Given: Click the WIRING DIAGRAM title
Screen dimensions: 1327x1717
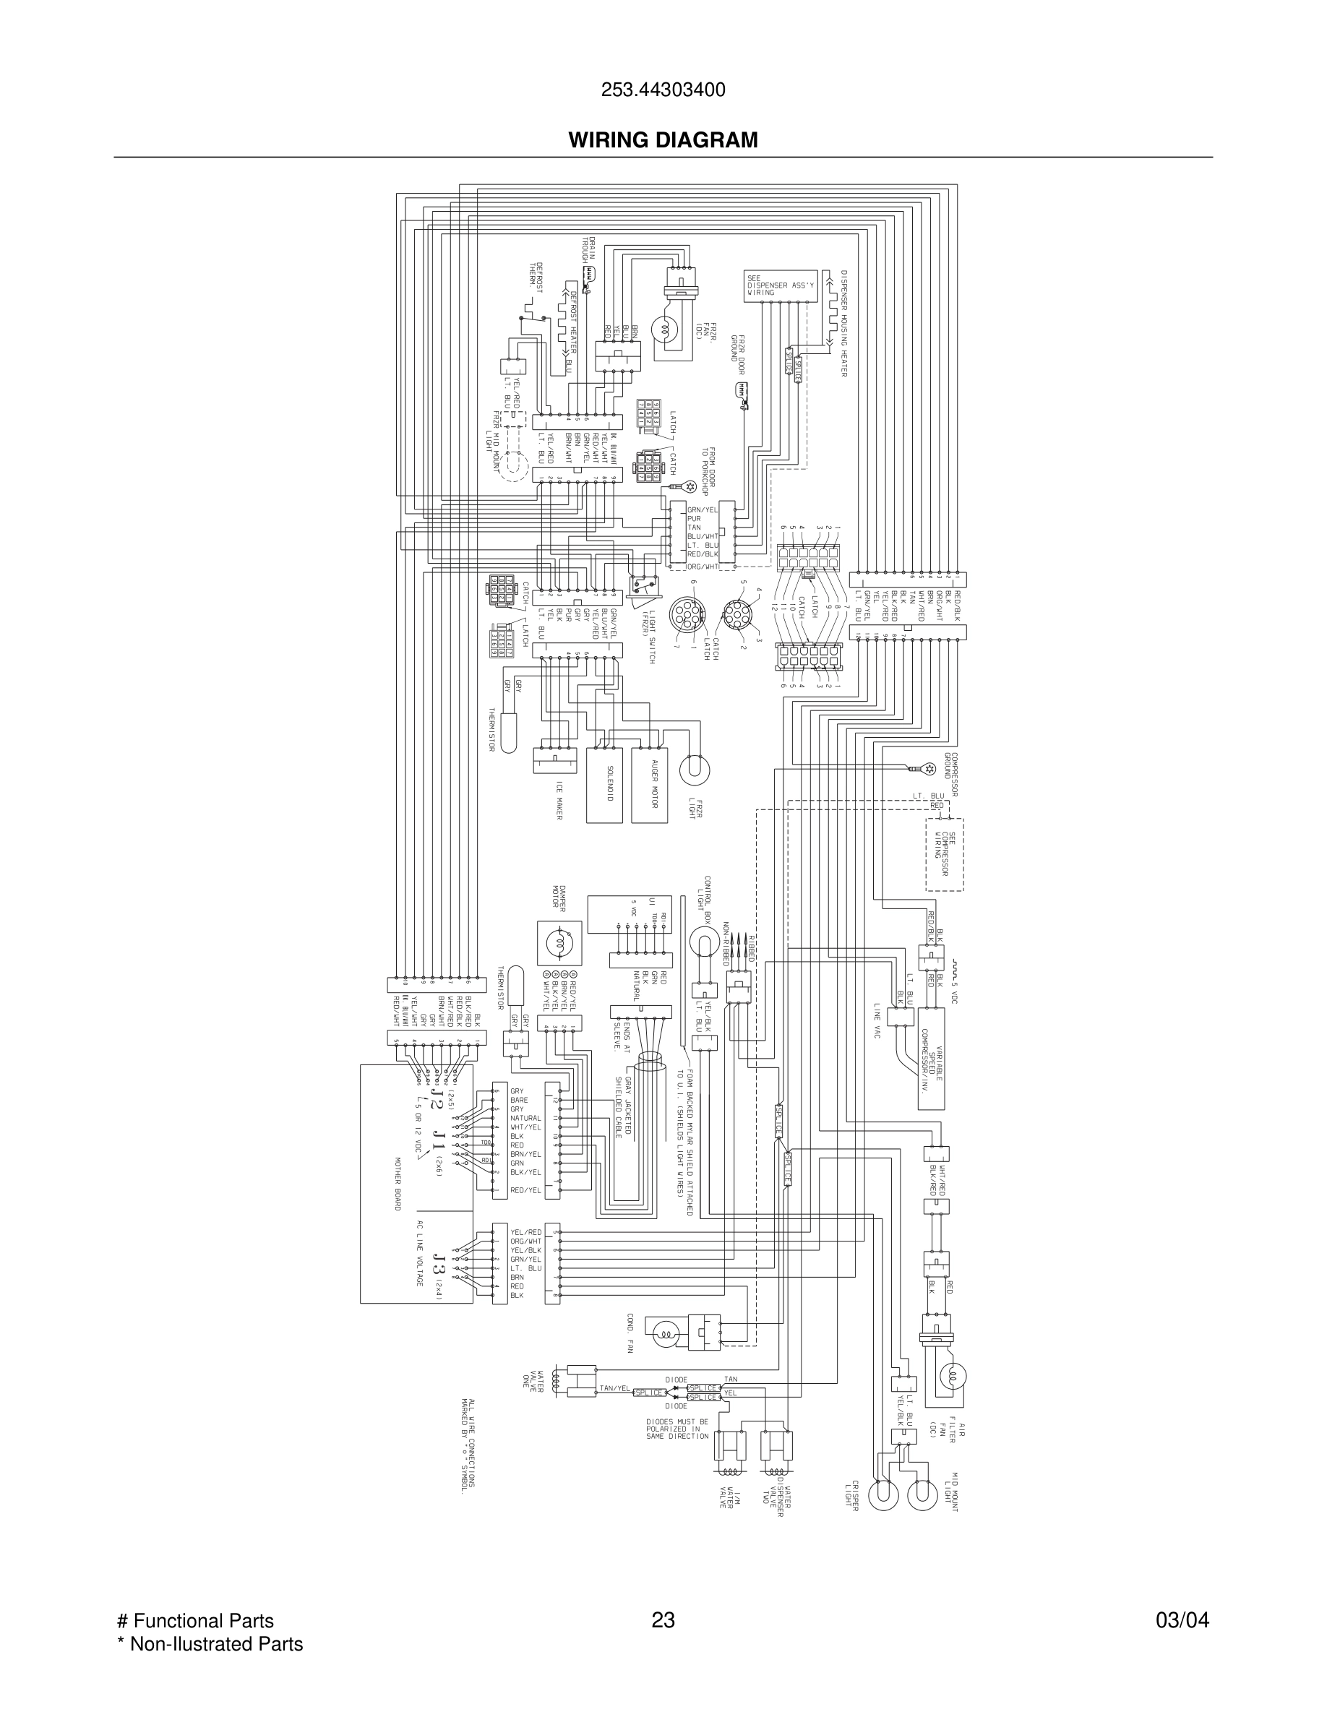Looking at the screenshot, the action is (663, 140).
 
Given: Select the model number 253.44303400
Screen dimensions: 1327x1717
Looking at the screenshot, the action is (663, 90).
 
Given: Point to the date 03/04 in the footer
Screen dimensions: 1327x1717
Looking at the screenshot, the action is (1182, 1620).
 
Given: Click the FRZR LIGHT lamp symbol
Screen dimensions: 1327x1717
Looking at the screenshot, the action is (694, 769).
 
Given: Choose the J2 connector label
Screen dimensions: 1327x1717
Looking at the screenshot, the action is (429, 1102).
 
